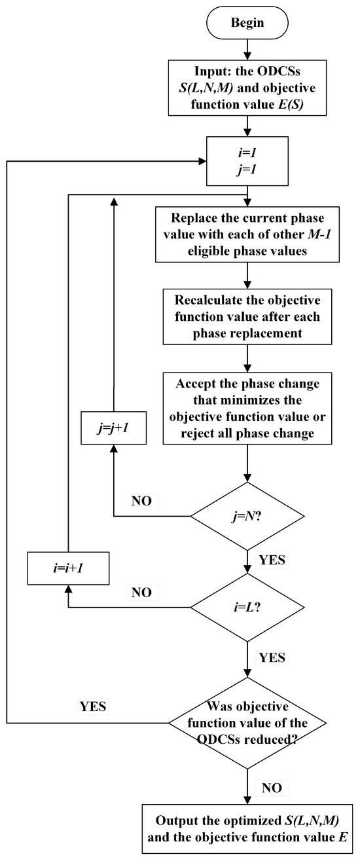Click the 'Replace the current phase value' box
247,234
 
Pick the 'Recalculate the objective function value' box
247,317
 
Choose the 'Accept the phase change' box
247,408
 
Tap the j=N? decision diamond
247,517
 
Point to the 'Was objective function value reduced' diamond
247,722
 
